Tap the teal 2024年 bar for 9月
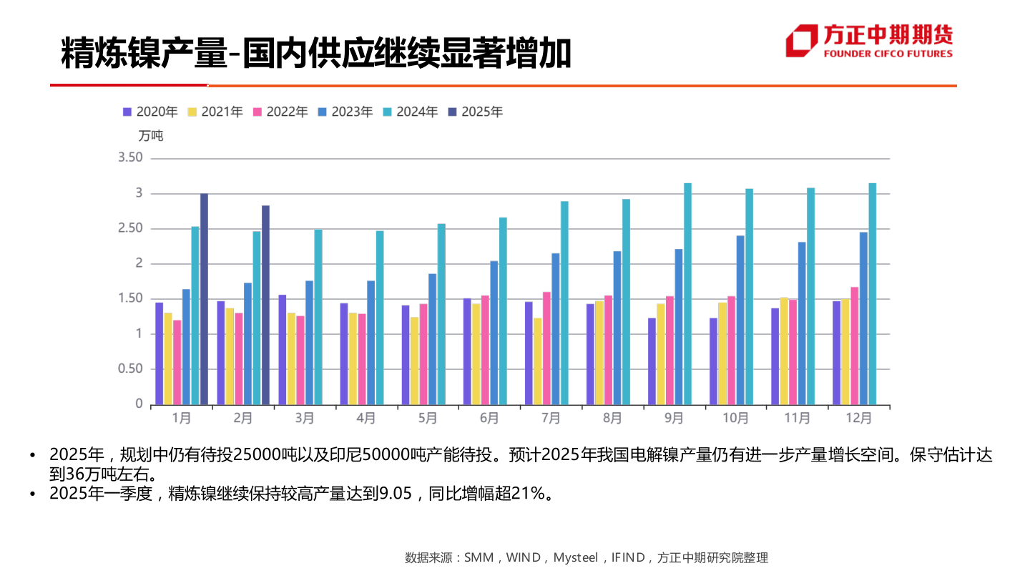pyautogui.click(x=687, y=293)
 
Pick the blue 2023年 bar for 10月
pyautogui.click(x=740, y=320)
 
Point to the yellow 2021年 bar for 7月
pyautogui.click(x=538, y=361)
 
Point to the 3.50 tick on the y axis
pyautogui.click(x=130, y=157)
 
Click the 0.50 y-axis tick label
pyautogui.click(x=130, y=368)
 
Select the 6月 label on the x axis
pyautogui.click(x=489, y=418)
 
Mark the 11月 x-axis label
pyautogui.click(x=797, y=418)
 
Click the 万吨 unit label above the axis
pyautogui.click(x=151, y=135)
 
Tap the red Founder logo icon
pyautogui.click(x=802, y=41)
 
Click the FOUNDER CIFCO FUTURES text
pyautogui.click(x=888, y=54)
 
